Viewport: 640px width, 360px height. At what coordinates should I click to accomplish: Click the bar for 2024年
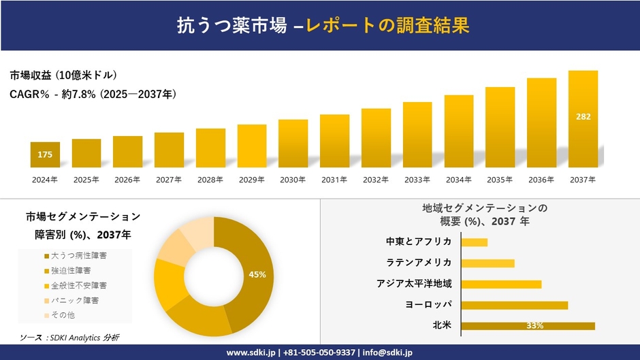[45, 155]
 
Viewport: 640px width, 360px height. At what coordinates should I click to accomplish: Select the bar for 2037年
[583, 119]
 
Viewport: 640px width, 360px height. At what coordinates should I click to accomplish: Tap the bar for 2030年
[293, 144]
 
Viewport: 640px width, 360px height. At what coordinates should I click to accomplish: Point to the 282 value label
[583, 117]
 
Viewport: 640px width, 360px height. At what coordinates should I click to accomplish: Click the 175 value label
[45, 155]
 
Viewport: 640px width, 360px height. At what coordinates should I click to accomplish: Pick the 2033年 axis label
[417, 180]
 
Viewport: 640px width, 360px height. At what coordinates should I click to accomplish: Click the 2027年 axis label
[169, 180]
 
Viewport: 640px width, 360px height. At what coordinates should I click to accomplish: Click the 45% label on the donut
[257, 274]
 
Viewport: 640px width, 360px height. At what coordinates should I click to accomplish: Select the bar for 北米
[528, 326]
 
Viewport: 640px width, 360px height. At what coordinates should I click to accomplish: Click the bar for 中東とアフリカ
[475, 242]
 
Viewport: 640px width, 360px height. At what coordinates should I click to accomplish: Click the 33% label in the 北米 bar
[534, 326]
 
